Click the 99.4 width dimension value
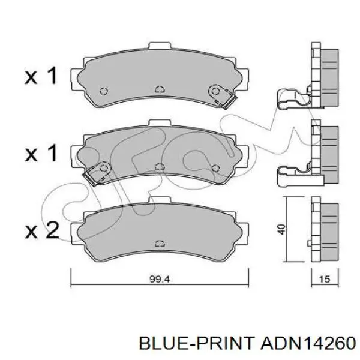pos(160,280)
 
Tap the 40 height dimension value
pos(281,229)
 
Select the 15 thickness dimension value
pos(325,279)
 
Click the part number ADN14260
pos(308,344)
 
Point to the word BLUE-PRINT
pos(197,344)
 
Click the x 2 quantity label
pos(42,230)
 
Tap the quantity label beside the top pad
pos(41,76)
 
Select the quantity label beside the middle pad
pos(41,153)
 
